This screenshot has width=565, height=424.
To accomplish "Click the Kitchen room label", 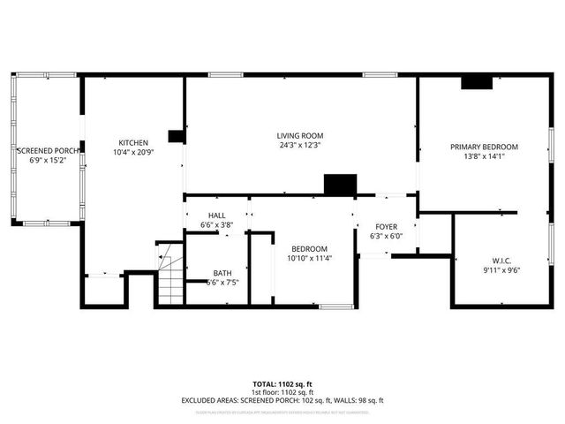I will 133,142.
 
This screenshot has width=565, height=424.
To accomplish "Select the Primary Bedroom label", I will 484,147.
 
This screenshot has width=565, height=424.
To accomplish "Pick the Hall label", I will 217,216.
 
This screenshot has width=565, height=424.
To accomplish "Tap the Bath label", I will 222,273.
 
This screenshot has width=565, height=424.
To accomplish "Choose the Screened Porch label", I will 49,151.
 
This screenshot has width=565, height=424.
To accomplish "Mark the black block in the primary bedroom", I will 477,82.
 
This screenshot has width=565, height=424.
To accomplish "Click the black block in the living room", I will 340,185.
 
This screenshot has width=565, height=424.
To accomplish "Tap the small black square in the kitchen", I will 176,136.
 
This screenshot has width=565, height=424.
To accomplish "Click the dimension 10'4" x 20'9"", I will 133,152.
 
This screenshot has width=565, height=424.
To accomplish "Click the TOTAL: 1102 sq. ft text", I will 282,384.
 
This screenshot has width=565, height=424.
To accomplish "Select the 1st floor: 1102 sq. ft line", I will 282,392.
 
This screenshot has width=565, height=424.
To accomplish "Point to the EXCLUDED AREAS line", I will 282,400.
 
